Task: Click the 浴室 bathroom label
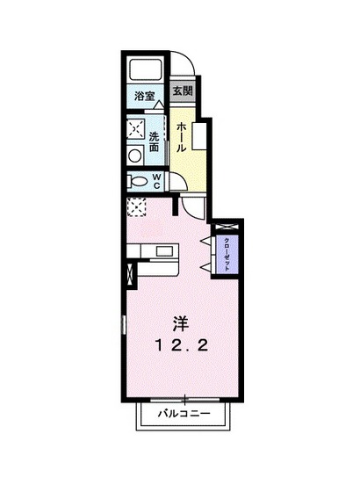145,96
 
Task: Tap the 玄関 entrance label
182,90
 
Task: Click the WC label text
156,181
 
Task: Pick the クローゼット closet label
227,253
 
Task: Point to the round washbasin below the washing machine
134,156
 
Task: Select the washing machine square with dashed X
135,129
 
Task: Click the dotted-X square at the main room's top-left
136,207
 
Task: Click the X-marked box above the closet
226,226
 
